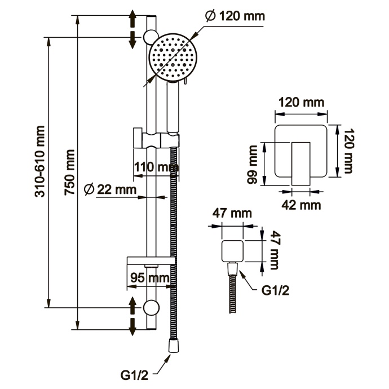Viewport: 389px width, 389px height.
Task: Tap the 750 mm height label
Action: pos(70,172)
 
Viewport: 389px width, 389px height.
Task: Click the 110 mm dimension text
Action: pos(153,167)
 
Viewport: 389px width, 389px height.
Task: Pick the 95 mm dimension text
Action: pos(149,277)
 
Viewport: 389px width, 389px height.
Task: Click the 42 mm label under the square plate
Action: pos(301,205)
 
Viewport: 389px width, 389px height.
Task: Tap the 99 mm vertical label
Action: pos(254,164)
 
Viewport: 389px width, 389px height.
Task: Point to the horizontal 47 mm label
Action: pos(231,214)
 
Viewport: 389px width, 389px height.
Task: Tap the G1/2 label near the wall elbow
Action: pos(276,291)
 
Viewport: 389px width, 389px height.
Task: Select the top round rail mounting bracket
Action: pos(151,37)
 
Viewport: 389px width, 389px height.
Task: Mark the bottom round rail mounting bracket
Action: pos(151,307)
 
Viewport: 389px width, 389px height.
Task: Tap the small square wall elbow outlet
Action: pos(231,250)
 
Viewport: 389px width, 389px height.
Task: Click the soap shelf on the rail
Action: pos(150,260)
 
